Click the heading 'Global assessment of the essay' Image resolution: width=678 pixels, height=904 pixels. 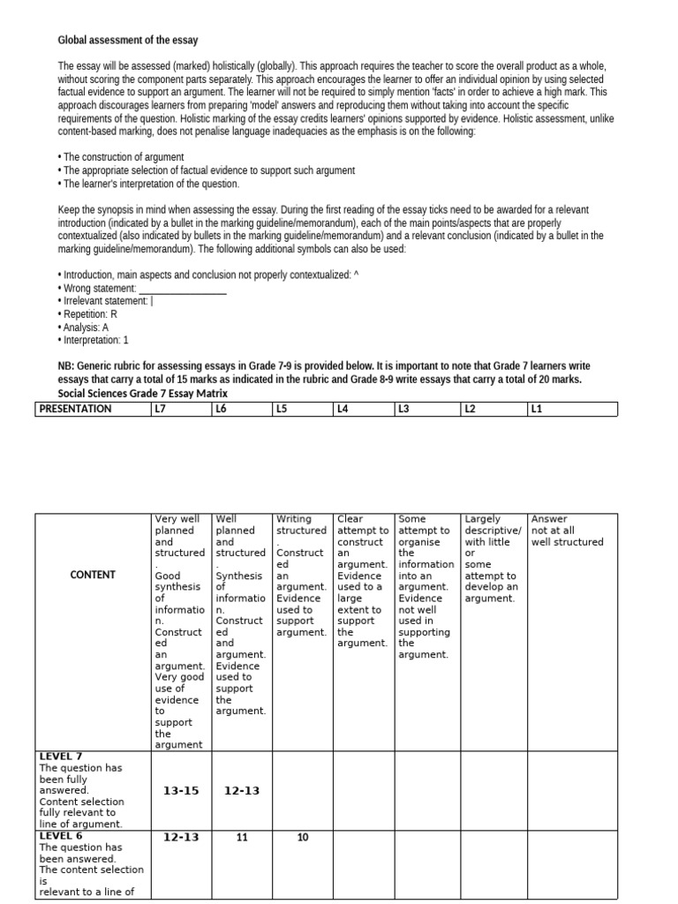127,41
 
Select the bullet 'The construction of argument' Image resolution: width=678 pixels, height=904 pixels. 121,157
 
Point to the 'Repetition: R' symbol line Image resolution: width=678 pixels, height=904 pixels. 88,314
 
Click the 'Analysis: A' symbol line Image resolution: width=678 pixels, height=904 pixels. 85,328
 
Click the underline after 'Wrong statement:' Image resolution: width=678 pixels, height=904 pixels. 183,290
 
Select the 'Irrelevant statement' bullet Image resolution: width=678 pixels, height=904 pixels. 106,301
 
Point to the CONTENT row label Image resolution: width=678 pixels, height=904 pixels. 93,575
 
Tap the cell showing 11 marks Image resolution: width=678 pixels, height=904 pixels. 242,838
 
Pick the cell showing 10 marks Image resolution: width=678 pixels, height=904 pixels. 303,838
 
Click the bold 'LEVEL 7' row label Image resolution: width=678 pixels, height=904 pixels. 61,757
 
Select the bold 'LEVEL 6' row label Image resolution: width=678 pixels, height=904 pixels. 61,836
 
